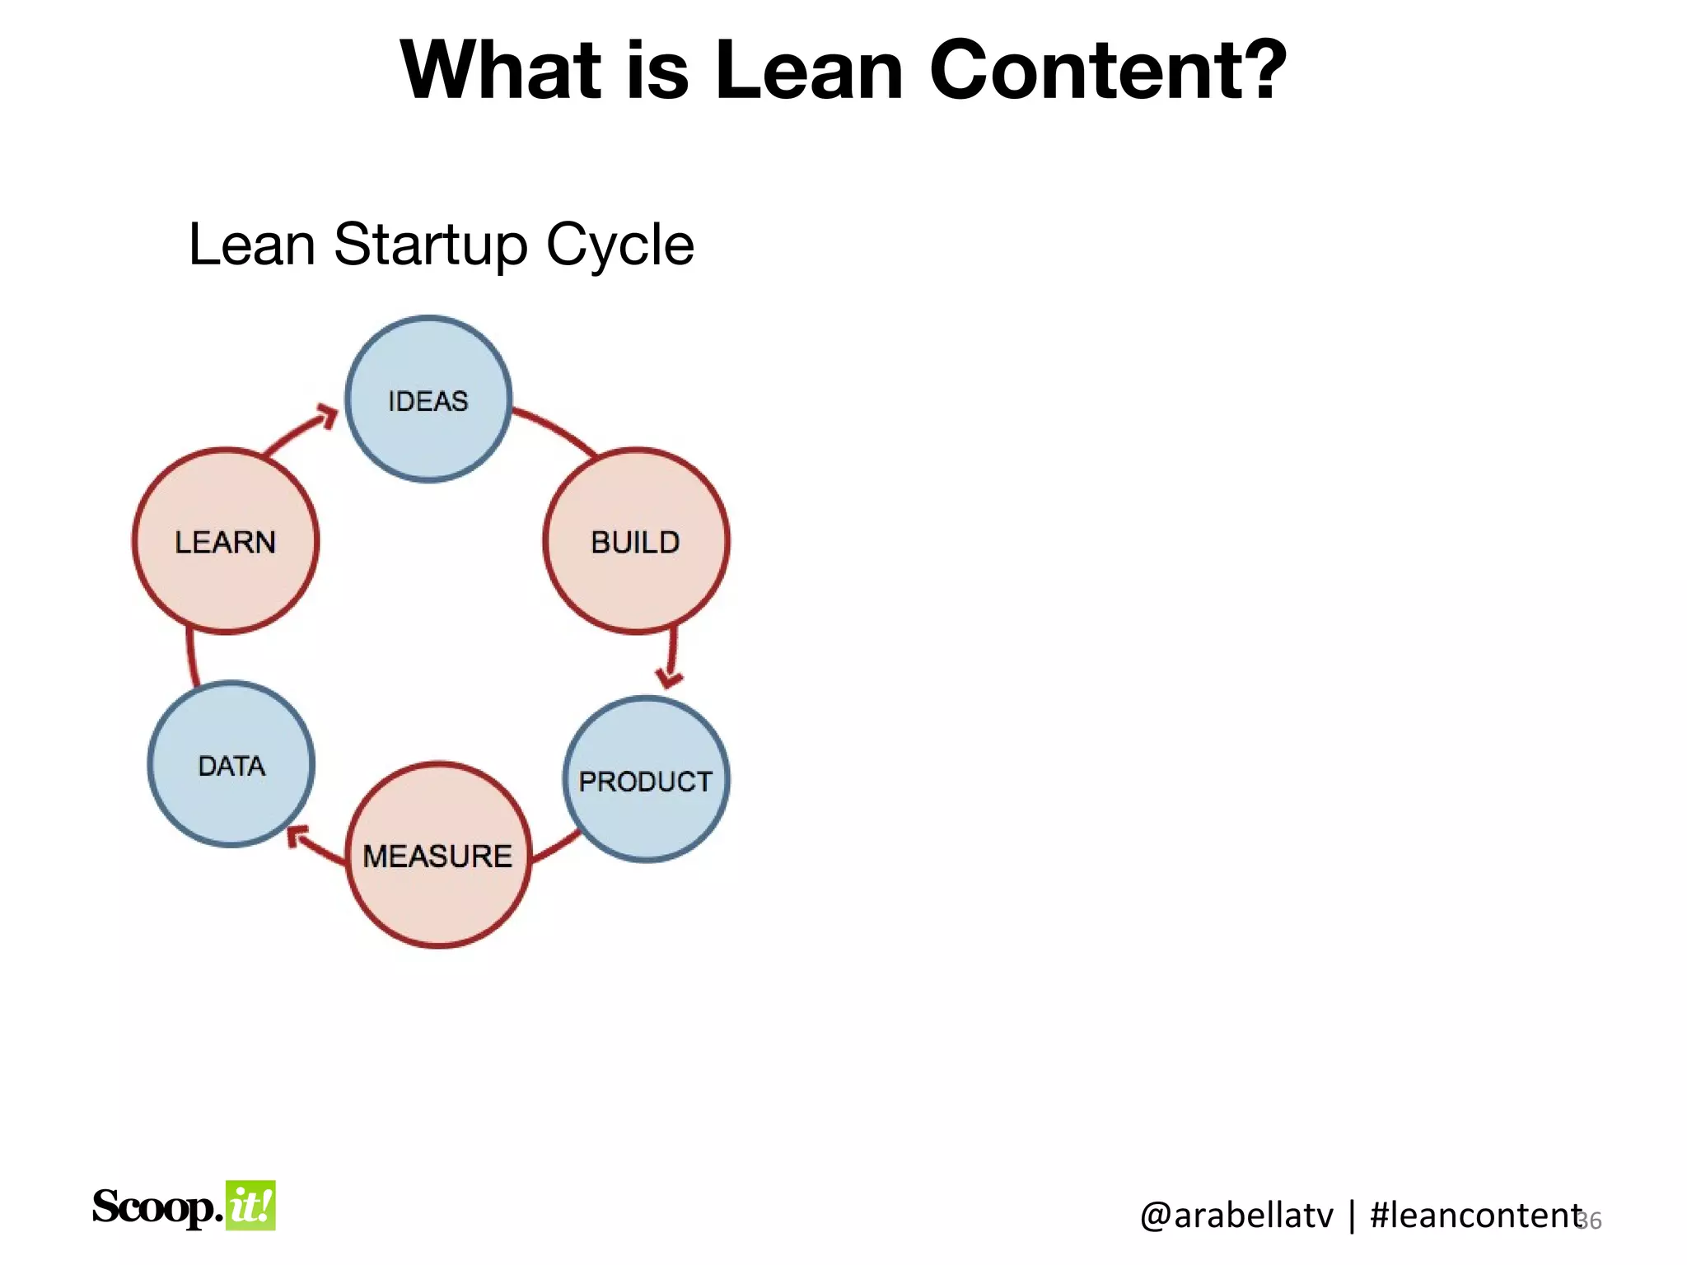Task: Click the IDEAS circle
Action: (428, 399)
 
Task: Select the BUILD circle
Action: (636, 541)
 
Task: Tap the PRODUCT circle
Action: (646, 780)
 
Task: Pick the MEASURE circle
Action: (438, 855)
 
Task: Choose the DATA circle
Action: (231, 764)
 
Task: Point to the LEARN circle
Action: (226, 541)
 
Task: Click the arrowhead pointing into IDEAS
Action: (328, 416)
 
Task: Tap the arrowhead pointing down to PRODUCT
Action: (670, 678)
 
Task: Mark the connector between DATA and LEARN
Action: (191, 657)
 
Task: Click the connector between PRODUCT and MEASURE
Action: (556, 848)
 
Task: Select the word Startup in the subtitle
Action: (431, 245)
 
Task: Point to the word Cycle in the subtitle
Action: (619, 245)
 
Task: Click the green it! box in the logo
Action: (250, 1206)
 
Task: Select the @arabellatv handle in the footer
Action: (1236, 1216)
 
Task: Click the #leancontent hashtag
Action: (1474, 1216)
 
